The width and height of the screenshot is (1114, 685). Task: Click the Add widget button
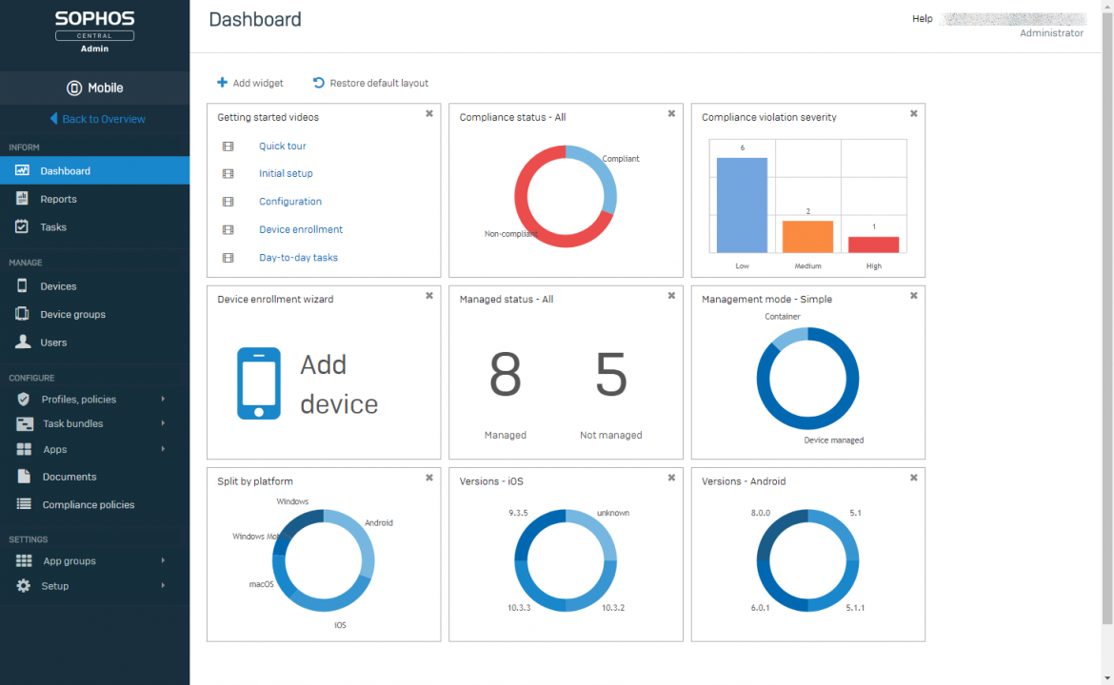pyautogui.click(x=250, y=83)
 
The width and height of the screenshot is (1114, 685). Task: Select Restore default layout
pyautogui.click(x=370, y=83)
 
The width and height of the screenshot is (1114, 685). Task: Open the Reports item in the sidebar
pyautogui.click(x=58, y=199)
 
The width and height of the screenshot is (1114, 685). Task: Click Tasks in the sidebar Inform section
pyautogui.click(x=53, y=227)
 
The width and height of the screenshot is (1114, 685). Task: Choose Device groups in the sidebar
pyautogui.click(x=72, y=314)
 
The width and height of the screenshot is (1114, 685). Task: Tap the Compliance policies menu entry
pyautogui.click(x=88, y=505)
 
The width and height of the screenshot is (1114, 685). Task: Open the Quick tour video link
pyautogui.click(x=282, y=147)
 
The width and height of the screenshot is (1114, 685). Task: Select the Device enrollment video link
pyautogui.click(x=301, y=229)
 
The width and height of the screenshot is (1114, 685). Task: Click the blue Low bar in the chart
pyautogui.click(x=742, y=205)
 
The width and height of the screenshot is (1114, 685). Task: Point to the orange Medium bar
pyautogui.click(x=807, y=236)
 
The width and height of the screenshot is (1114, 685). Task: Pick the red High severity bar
pyautogui.click(x=873, y=245)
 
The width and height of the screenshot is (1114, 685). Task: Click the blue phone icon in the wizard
pyautogui.click(x=259, y=383)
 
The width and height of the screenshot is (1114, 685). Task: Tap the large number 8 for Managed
pyautogui.click(x=505, y=375)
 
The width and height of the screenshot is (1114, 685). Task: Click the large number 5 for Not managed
pyautogui.click(x=610, y=375)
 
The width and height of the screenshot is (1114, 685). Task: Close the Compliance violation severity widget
pyautogui.click(x=913, y=113)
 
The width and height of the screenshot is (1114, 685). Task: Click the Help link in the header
pyautogui.click(x=922, y=19)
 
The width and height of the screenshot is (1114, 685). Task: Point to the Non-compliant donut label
pyautogui.click(x=511, y=233)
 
